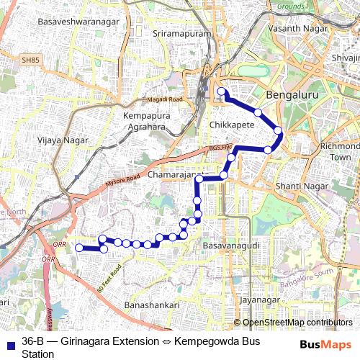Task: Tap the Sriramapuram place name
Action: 181,34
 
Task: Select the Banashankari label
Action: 152,305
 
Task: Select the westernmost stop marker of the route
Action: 79,248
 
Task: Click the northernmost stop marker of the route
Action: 222,91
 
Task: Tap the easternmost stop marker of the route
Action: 278,130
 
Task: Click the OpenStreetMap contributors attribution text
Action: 297,323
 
